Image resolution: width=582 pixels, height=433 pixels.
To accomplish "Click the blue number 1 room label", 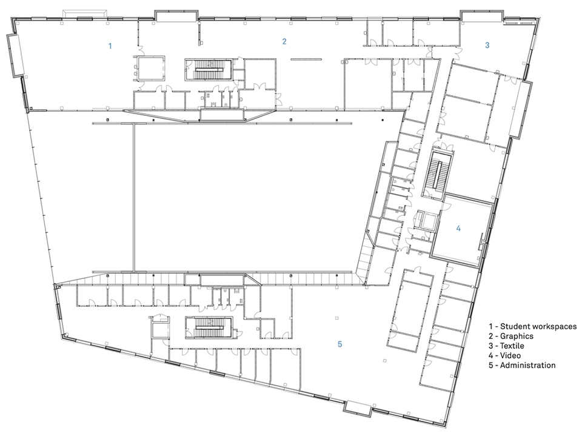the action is click(x=110, y=46).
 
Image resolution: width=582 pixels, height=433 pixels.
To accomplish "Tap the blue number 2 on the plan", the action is click(x=284, y=41).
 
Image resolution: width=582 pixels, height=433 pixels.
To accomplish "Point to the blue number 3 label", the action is click(x=487, y=45).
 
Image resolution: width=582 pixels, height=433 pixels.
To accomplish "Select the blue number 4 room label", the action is click(x=458, y=229).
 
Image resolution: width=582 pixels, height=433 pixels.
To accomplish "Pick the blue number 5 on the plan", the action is click(x=339, y=344).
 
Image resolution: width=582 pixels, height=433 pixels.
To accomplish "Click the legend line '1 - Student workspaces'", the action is click(x=533, y=326).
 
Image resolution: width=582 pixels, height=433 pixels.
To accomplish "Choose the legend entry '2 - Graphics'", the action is click(x=511, y=336).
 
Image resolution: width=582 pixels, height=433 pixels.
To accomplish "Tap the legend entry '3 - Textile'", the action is click(x=506, y=346).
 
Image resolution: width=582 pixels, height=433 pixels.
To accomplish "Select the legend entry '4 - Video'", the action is click(x=504, y=355).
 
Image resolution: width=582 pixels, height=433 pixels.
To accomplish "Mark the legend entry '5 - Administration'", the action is click(x=522, y=365).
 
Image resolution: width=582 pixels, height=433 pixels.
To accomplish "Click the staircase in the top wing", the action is click(x=209, y=69).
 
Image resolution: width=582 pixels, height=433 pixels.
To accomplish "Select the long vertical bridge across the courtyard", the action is click(x=133, y=197).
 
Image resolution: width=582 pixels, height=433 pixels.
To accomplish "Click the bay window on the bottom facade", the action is click(x=358, y=408).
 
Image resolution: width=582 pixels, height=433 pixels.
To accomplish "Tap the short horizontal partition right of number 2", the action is click(x=306, y=59).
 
